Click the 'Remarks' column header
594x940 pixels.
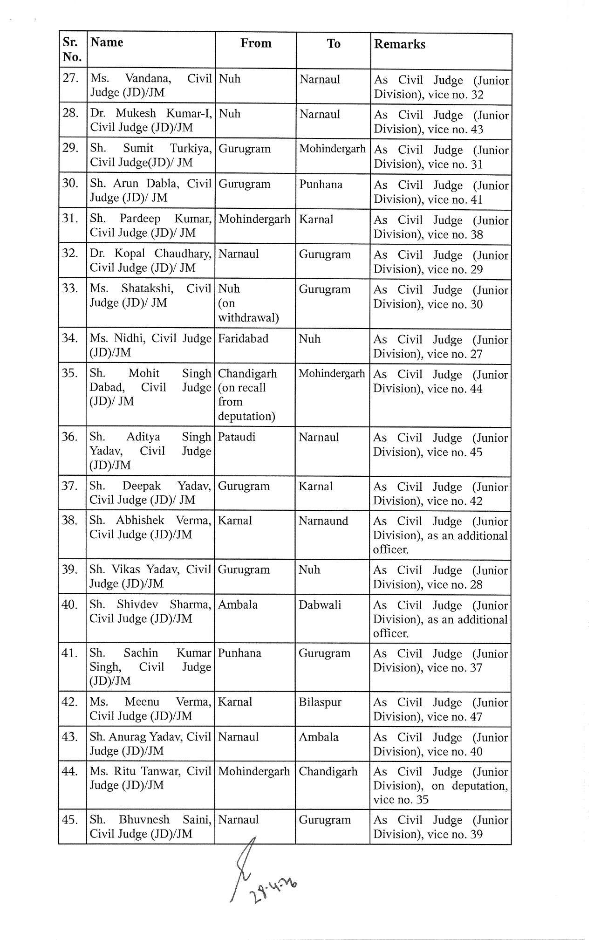coord(400,44)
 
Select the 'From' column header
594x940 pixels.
coord(256,43)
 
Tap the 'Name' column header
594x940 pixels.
coord(107,42)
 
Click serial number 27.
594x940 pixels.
coord(70,78)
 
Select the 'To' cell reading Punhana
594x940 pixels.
coord(321,184)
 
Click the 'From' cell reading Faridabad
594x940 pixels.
coord(243,338)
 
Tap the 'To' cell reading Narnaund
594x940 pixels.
coord(323,521)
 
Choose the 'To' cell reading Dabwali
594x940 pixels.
coord(320,604)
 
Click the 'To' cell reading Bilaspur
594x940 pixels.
coord(320,702)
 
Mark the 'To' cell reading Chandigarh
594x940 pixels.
coord(328,771)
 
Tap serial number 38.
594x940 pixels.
coord(69,520)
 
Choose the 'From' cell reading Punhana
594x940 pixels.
coord(239,653)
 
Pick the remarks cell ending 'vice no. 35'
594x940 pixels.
coord(440,785)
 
